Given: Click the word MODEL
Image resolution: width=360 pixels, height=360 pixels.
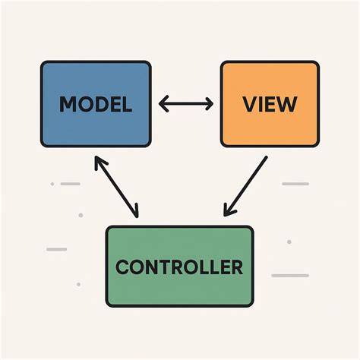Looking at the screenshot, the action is click(96, 104).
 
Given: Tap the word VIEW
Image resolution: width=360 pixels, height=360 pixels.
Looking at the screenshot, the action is click(270, 104).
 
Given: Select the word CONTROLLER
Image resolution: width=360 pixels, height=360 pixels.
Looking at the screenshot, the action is click(179, 267).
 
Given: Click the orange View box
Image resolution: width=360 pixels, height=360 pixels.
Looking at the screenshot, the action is click(270, 104).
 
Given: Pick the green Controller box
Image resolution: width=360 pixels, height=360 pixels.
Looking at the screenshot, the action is click(179, 267).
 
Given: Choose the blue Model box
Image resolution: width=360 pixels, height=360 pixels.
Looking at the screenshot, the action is click(96, 104).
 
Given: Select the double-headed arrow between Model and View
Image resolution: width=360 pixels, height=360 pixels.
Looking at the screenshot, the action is click(186, 104).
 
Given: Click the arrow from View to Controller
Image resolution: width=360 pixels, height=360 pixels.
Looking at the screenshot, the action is click(245, 186).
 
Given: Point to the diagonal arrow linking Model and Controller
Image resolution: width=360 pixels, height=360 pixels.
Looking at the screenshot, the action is click(116, 187).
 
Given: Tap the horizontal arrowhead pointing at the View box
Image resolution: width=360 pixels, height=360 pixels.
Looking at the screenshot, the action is click(209, 104).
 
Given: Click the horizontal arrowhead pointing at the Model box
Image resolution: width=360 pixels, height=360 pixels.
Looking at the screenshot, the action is click(163, 104).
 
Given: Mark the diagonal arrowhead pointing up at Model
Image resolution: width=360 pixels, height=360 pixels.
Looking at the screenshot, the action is click(99, 162).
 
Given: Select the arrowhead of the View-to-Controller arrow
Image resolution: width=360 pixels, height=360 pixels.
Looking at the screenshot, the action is click(229, 210).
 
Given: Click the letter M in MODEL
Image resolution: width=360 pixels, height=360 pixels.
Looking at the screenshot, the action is click(67, 104).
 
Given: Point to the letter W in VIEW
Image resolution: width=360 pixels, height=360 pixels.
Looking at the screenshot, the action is click(287, 104).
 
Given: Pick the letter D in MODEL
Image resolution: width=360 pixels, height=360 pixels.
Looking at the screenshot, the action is click(103, 104).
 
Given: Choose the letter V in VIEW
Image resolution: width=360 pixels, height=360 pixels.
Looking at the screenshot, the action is click(250, 104).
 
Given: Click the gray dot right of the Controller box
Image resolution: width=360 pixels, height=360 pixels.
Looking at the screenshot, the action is click(289, 242).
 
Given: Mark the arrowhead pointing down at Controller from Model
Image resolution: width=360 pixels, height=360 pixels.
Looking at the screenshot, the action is click(134, 211).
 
